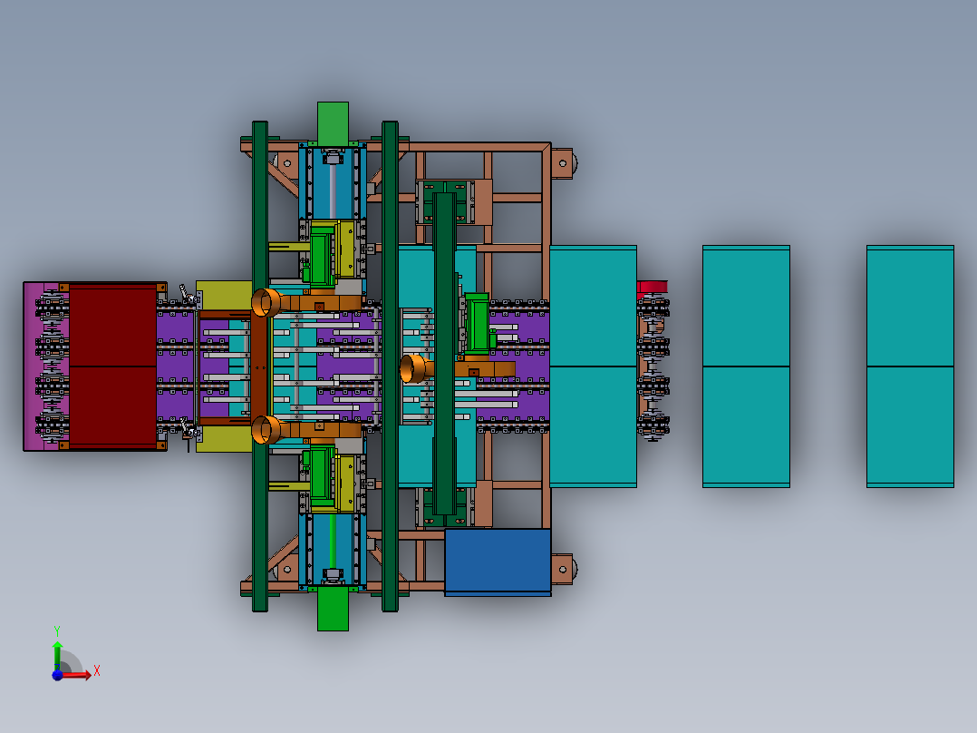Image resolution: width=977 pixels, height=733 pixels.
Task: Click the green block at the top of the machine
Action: (x=333, y=122)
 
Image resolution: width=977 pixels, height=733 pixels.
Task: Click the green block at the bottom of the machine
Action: (x=333, y=609)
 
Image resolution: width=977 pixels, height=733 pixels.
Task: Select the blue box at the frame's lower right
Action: (x=498, y=562)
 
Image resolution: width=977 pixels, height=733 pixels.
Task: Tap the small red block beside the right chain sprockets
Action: (x=652, y=287)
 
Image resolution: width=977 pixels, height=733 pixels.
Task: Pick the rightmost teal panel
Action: (x=910, y=366)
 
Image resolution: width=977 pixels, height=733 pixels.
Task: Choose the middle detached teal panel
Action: (x=747, y=366)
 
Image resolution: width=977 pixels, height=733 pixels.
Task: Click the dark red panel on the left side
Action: (x=112, y=366)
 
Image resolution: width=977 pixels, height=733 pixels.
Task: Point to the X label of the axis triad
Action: (x=97, y=671)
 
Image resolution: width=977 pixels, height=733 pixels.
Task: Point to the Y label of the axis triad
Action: (x=57, y=631)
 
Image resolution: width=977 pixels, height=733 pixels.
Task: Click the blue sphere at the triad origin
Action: (x=57, y=674)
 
